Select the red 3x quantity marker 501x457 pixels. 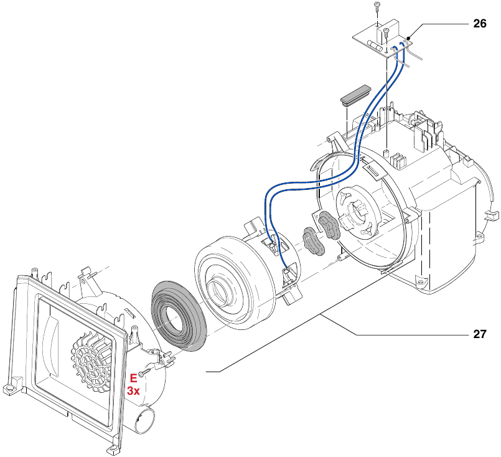click(133, 391)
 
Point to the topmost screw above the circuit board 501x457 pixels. click(377, 6)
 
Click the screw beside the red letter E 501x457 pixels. click(144, 373)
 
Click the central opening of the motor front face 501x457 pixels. click(222, 290)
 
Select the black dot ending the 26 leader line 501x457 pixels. click(408, 39)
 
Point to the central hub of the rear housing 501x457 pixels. click(356, 215)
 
